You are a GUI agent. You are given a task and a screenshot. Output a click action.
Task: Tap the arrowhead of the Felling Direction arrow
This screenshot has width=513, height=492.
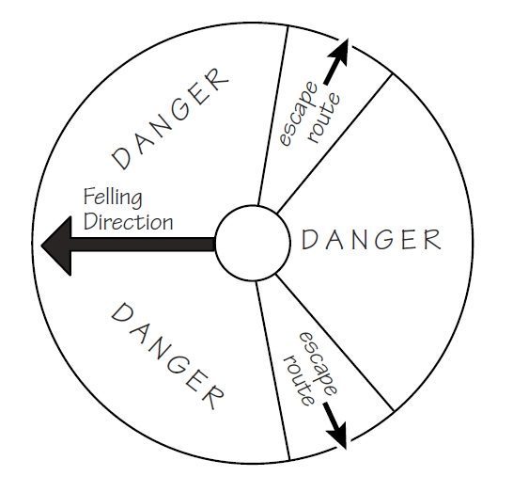coord(58,246)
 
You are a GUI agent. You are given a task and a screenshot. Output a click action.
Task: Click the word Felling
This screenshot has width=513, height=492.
coord(113,198)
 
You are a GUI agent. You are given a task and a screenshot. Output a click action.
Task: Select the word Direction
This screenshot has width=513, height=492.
coord(128,222)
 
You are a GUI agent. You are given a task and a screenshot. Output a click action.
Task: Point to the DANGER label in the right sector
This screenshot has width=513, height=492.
coord(371,240)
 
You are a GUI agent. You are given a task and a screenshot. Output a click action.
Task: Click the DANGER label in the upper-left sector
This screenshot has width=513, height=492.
coord(170,119)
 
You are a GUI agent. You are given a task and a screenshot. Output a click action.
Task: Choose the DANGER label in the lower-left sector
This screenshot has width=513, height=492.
coord(167,356)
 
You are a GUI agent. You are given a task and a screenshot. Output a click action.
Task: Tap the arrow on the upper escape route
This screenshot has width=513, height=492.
coord(337,61)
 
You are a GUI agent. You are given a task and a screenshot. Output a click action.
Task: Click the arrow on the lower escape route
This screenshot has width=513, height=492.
coord(335,425)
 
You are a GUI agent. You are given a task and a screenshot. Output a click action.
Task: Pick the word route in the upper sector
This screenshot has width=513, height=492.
coord(325,118)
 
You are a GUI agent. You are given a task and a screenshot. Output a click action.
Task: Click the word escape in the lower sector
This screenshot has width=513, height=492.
coord(319,365)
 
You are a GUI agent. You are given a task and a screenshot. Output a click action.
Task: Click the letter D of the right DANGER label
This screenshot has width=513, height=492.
coord(308,240)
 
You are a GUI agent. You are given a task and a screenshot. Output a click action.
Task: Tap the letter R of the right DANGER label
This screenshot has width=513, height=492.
coord(433,240)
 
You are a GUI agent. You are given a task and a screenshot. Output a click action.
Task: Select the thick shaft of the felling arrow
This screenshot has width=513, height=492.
coord(143,245)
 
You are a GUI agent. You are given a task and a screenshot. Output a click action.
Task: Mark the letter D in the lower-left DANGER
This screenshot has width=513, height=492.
coord(121,312)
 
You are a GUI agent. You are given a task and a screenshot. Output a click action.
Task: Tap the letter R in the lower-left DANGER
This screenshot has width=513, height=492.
coord(213,397)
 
